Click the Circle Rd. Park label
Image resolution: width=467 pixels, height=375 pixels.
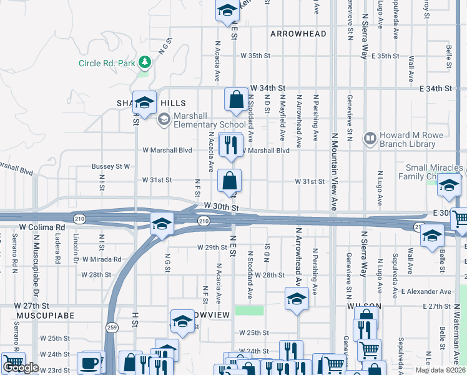pos(106,63)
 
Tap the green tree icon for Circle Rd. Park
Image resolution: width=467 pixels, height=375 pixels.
pos(145,62)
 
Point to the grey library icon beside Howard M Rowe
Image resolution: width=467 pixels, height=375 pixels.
pos(370,137)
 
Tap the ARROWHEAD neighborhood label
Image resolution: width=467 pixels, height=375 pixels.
pos(298,33)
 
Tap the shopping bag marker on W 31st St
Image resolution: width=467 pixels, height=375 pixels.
pos(230,181)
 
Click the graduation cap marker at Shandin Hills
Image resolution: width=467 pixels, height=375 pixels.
pos(145,104)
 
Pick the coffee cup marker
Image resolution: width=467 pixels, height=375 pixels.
pos(89,363)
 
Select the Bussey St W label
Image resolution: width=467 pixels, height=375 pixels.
pos(111,167)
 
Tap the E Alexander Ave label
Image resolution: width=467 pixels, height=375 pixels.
pos(426,292)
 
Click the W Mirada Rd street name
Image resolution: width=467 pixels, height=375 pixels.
pos(101,259)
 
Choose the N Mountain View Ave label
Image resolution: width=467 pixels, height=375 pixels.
pos(334,171)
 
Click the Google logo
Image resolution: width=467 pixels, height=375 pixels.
pos(21,368)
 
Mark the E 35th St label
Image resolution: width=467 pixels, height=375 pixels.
pos(385,56)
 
